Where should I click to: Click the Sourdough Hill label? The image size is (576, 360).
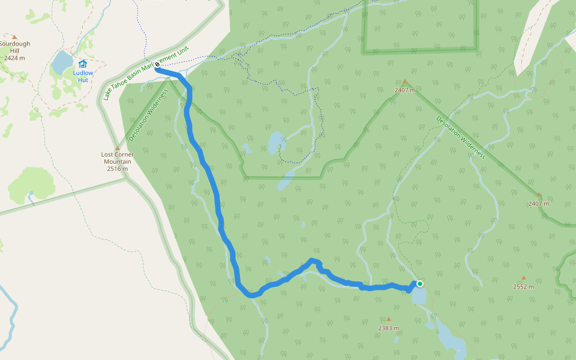click(x=14, y=47)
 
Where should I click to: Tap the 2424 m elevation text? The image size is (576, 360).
click(x=14, y=58)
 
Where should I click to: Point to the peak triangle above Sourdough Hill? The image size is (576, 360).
click(x=14, y=37)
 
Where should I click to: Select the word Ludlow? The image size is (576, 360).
click(x=83, y=73)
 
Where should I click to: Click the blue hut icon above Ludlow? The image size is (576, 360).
click(x=83, y=64)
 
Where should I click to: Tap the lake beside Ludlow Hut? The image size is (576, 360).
click(x=62, y=62)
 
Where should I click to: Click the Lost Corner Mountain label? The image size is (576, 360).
click(x=118, y=158)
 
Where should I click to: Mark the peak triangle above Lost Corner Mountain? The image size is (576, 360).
click(x=118, y=148)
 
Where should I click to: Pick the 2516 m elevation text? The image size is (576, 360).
click(x=118, y=169)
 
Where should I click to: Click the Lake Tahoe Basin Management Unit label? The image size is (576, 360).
click(x=150, y=74)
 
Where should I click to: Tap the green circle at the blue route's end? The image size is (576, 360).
click(x=420, y=284)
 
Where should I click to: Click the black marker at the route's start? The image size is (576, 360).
click(x=157, y=64)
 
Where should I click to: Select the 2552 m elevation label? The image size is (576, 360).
click(x=523, y=286)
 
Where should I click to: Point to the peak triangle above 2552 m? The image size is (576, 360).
click(x=523, y=278)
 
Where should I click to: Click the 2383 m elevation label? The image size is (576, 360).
click(x=388, y=328)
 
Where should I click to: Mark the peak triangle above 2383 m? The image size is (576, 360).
click(x=388, y=319)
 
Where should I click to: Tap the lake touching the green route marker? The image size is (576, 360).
click(x=419, y=296)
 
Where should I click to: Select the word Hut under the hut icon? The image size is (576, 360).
click(x=83, y=80)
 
